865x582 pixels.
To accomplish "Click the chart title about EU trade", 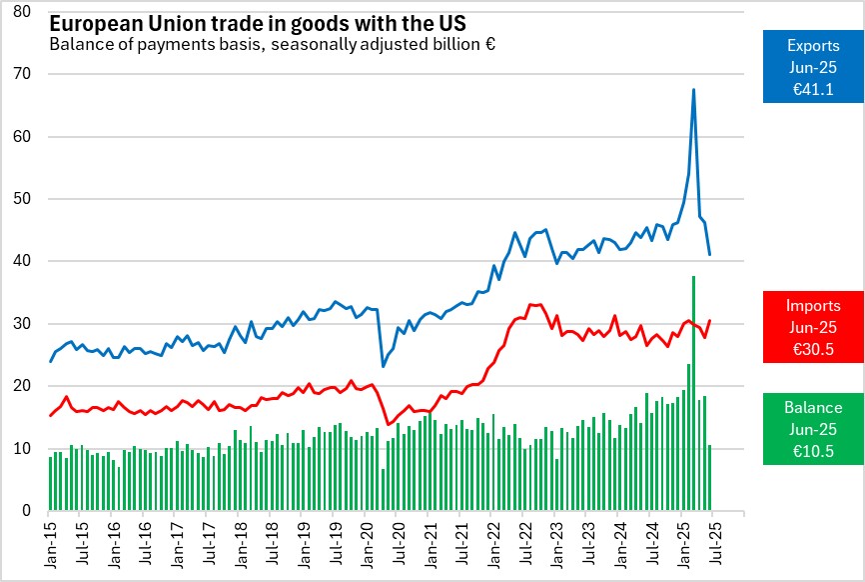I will click(x=258, y=23).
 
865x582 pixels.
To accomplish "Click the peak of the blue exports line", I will click(x=693, y=90).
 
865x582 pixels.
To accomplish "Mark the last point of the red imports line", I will click(x=709, y=321).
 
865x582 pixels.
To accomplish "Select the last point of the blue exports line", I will click(x=709, y=255).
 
